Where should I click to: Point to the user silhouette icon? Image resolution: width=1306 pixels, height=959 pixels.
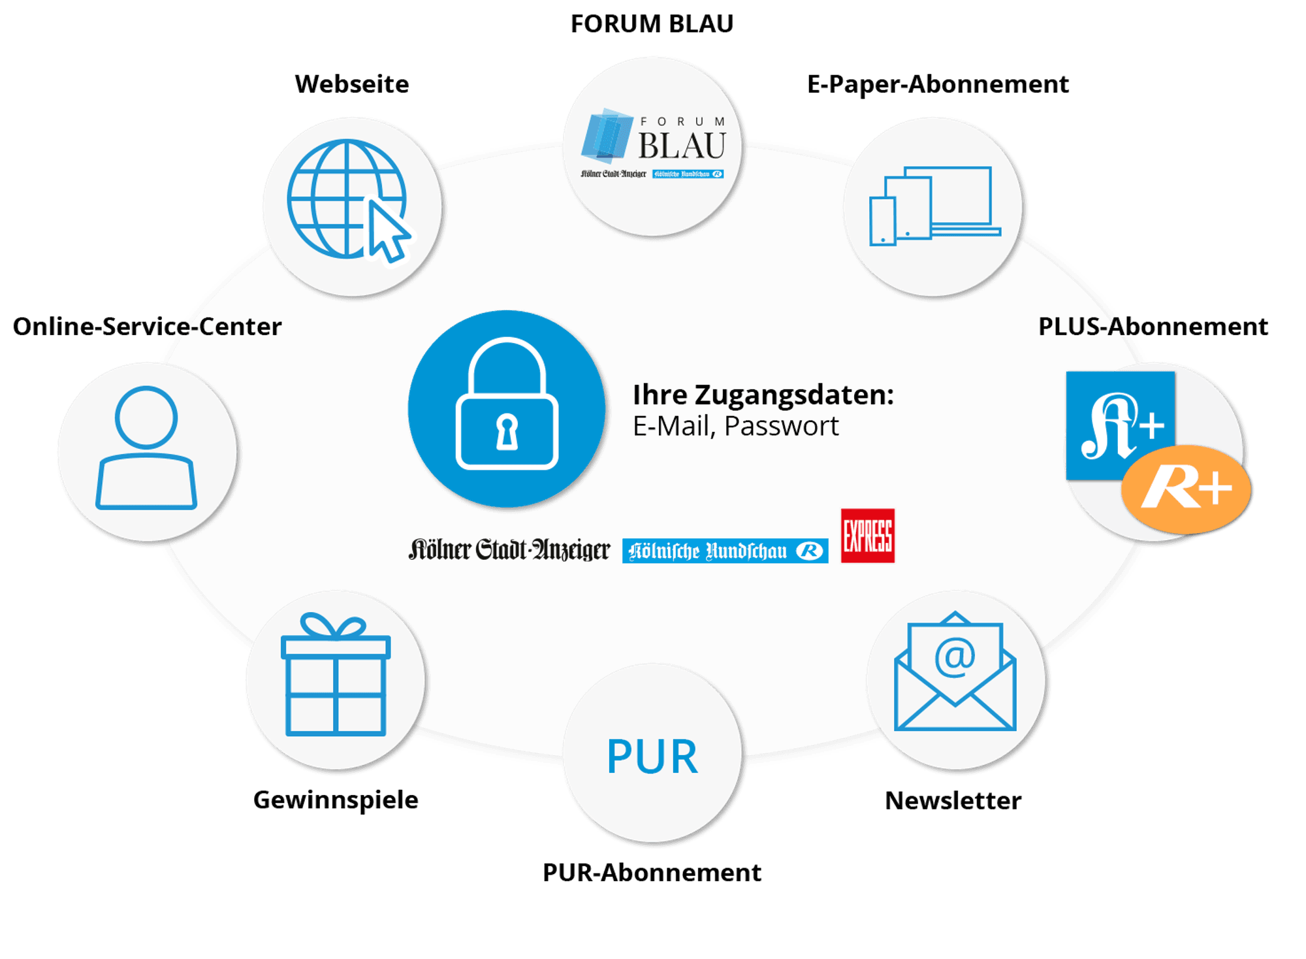tap(146, 447)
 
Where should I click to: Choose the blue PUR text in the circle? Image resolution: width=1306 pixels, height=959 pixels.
tap(652, 756)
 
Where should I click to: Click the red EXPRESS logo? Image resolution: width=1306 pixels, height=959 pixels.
tap(868, 536)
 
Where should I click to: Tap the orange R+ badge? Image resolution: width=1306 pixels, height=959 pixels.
tap(1186, 489)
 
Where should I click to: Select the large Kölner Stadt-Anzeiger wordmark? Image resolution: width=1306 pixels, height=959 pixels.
tap(509, 550)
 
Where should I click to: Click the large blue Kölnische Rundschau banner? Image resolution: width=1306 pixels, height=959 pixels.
tap(725, 551)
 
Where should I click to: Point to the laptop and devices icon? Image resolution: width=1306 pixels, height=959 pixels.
tap(935, 206)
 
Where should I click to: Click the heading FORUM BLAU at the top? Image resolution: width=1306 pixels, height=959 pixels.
tap(652, 24)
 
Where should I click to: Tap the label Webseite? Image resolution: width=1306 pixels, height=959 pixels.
tap(352, 84)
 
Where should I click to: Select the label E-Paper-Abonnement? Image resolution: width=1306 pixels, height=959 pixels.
tap(938, 84)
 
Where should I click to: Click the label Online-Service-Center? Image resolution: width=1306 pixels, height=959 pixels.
tap(147, 326)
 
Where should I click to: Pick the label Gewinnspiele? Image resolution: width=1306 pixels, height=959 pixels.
tap(336, 800)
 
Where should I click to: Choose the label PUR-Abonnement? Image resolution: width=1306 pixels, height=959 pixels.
tap(652, 872)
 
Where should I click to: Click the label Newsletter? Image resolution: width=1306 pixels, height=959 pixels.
tap(953, 800)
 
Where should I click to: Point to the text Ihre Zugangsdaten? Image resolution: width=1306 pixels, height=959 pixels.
tap(763, 395)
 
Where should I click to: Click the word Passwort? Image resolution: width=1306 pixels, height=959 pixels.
tap(781, 426)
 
